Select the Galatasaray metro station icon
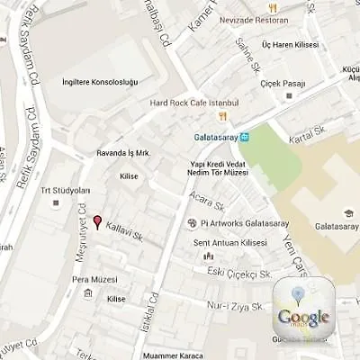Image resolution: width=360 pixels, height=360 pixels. [x=245, y=137]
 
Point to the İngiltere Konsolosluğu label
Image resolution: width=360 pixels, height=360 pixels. [x=100, y=82]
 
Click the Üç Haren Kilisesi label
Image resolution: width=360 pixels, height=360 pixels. [x=290, y=42]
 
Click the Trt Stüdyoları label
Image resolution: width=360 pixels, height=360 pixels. [x=66, y=191]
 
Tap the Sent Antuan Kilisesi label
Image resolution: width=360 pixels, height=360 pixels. [x=230, y=243]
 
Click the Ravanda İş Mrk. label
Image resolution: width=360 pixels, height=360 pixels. [x=122, y=153]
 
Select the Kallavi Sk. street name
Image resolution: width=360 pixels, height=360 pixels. [x=126, y=229]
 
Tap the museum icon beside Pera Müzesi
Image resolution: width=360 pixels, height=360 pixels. [x=87, y=293]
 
